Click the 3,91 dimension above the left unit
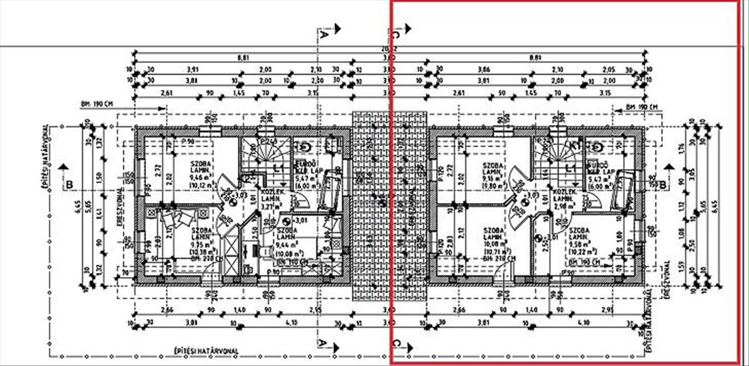pyautogui.click(x=192, y=69)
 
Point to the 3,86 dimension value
pyautogui.click(x=484, y=69)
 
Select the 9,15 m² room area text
pyautogui.click(x=493, y=178)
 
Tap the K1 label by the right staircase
pyautogui.click(x=574, y=146)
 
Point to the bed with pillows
pyautogui.click(x=173, y=220)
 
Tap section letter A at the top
pyautogui.click(x=323, y=36)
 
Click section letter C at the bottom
pyautogui.click(x=396, y=343)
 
